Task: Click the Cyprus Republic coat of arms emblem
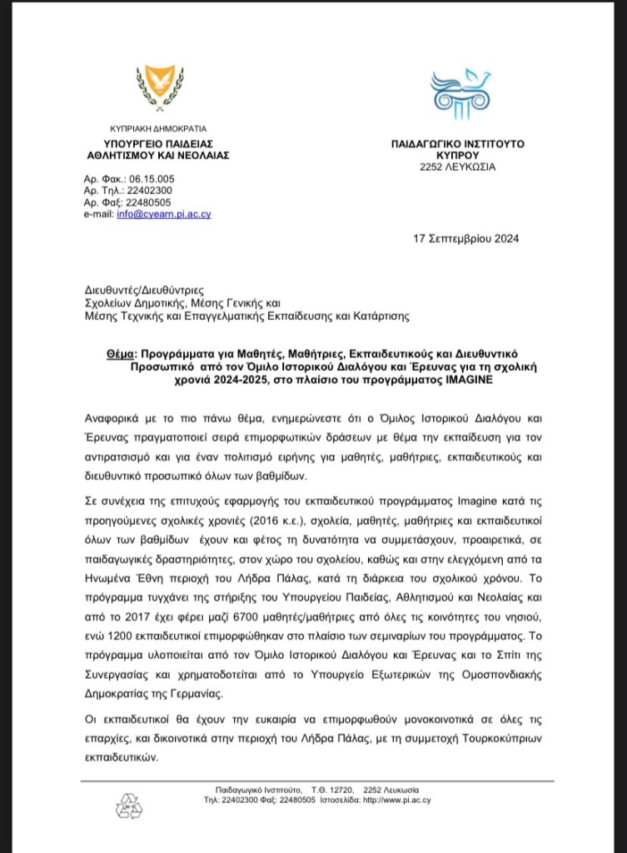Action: pyautogui.click(x=157, y=87)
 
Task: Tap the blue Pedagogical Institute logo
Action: pyautogui.click(x=459, y=93)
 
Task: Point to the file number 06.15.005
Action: pyautogui.click(x=152, y=179)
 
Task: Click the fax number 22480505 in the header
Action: pyautogui.click(x=150, y=202)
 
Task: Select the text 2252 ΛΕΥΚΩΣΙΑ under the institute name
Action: pyautogui.click(x=458, y=167)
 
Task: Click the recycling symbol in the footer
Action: pyautogui.click(x=129, y=806)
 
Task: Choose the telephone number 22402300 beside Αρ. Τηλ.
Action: pyautogui.click(x=150, y=191)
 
